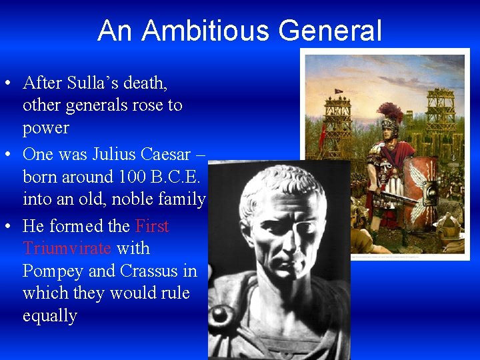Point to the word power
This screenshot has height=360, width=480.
click(x=46, y=127)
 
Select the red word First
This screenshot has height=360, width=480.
click(x=152, y=226)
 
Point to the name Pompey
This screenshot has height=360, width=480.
click(x=53, y=271)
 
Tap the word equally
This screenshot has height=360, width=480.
click(x=50, y=315)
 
